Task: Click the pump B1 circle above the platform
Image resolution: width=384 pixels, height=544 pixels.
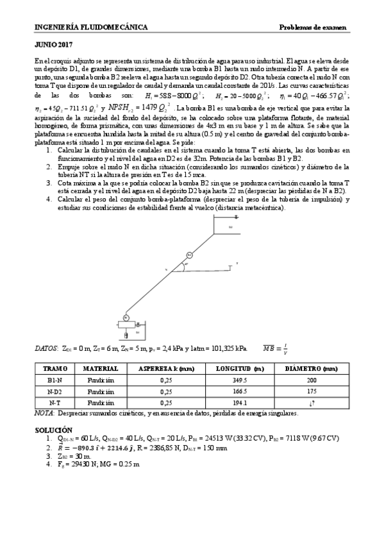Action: coord(126,318)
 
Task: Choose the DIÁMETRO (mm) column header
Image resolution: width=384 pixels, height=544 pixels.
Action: coord(312,369)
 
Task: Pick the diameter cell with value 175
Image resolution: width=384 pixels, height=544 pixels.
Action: coord(312,391)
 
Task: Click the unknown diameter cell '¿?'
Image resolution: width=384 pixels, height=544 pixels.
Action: coord(312,402)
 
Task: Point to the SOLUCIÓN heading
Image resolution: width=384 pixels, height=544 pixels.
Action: coord(53,429)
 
